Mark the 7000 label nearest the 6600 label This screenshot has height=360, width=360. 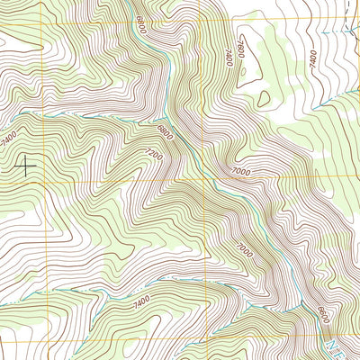tap(246, 248)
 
